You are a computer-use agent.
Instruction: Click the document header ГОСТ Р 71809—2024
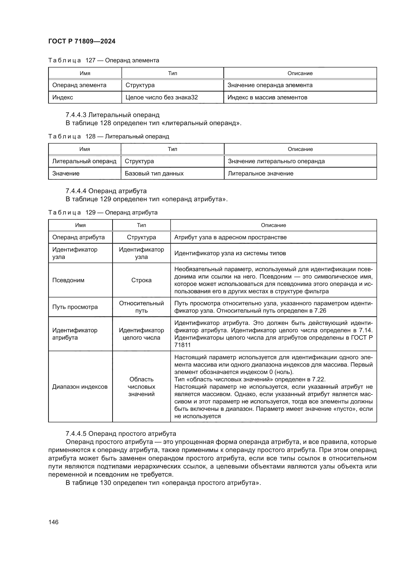click(x=82, y=41)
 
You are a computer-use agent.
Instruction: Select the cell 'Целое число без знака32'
click(x=162, y=97)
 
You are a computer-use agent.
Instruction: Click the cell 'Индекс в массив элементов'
click(x=267, y=97)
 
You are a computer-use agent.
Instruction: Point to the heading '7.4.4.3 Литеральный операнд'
click(x=112, y=115)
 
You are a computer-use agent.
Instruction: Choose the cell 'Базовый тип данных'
click(x=154, y=173)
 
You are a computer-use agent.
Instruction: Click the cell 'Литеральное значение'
click(x=260, y=173)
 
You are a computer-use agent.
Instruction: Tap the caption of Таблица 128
click(x=108, y=136)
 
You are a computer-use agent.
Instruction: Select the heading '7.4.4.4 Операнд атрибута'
click(x=106, y=191)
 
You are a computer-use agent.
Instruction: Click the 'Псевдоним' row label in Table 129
click(x=68, y=280)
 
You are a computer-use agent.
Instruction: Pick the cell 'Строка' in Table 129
click(x=141, y=280)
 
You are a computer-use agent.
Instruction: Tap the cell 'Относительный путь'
click(x=141, y=307)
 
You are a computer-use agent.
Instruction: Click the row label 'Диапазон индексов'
click(x=80, y=387)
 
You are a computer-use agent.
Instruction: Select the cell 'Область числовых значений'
click(x=141, y=387)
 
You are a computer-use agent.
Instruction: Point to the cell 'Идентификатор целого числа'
click(x=141, y=334)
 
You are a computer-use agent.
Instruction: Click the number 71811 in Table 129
click(x=182, y=345)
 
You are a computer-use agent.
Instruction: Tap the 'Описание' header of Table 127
click(x=300, y=73)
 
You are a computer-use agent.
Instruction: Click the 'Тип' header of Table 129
click(x=141, y=225)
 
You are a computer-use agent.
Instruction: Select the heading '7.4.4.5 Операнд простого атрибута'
click(x=121, y=433)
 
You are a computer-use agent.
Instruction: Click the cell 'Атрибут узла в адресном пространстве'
click(x=230, y=237)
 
